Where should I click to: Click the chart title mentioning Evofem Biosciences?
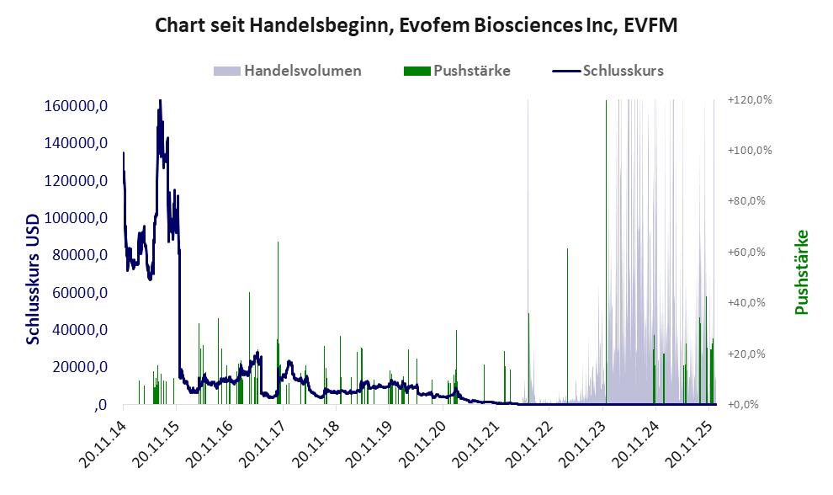pyautogui.click(x=416, y=25)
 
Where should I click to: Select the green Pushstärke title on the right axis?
pyautogui.click(x=801, y=272)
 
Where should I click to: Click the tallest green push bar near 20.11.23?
pyautogui.click(x=606, y=253)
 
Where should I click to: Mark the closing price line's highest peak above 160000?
pyautogui.click(x=160, y=101)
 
